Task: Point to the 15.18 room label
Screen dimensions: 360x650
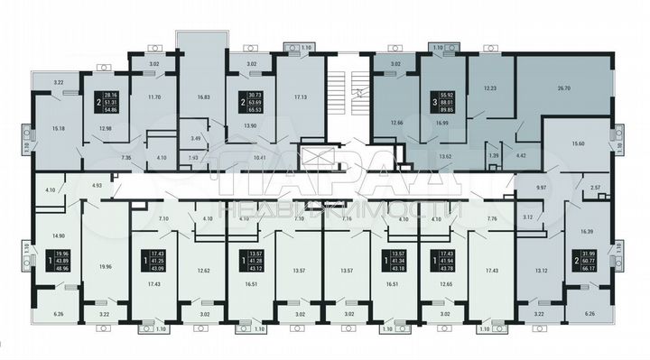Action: coord(58,128)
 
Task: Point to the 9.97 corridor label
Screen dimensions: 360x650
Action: coord(542,186)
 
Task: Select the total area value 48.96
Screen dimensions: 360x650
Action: coord(62,268)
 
